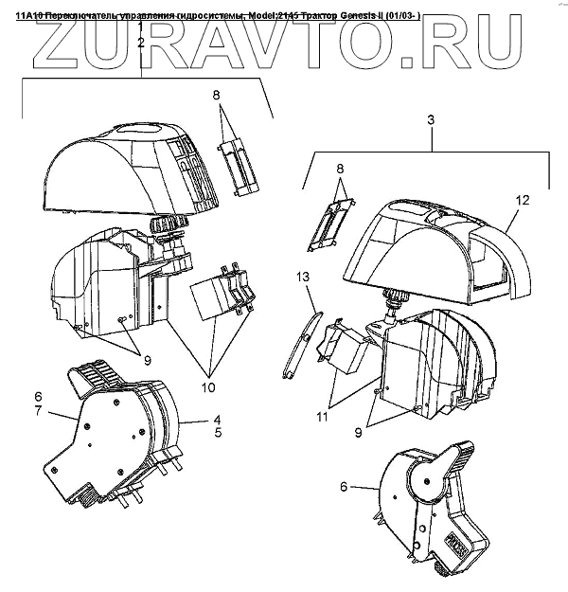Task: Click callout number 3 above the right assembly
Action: click(x=431, y=120)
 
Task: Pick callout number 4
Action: click(x=216, y=418)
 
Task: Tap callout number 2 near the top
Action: click(x=140, y=43)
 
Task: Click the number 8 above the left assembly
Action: click(x=216, y=95)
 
